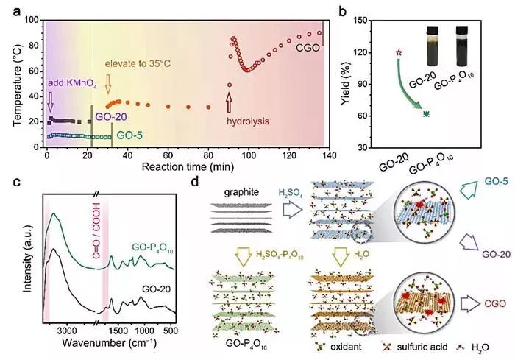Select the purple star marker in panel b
399,53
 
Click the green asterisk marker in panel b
427,113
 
